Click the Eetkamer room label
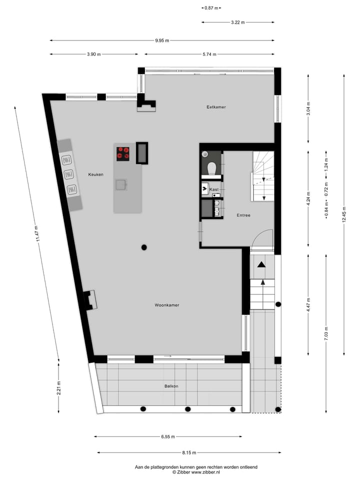[x=216, y=107]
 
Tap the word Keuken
[x=95, y=174]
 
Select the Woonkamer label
[x=167, y=305]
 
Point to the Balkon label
[x=171, y=386]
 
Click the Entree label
[x=243, y=215]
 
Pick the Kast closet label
[x=214, y=189]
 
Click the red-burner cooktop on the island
[x=123, y=153]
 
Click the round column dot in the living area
[x=144, y=247]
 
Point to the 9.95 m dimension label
[x=161, y=40]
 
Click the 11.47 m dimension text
[x=36, y=233]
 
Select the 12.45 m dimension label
[x=344, y=215]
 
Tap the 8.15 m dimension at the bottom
[x=189, y=452]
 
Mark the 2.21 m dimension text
[x=58, y=388]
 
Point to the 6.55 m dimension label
[x=168, y=436]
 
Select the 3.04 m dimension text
[x=308, y=108]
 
